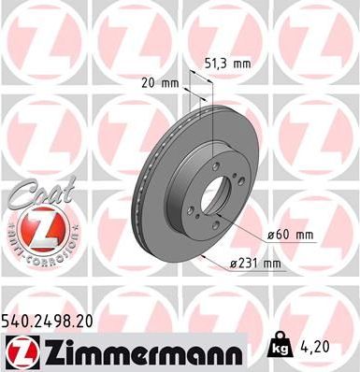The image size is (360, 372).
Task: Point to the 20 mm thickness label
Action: pyautogui.click(x=165, y=82)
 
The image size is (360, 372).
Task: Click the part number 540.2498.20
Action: pyautogui.click(x=55, y=320)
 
